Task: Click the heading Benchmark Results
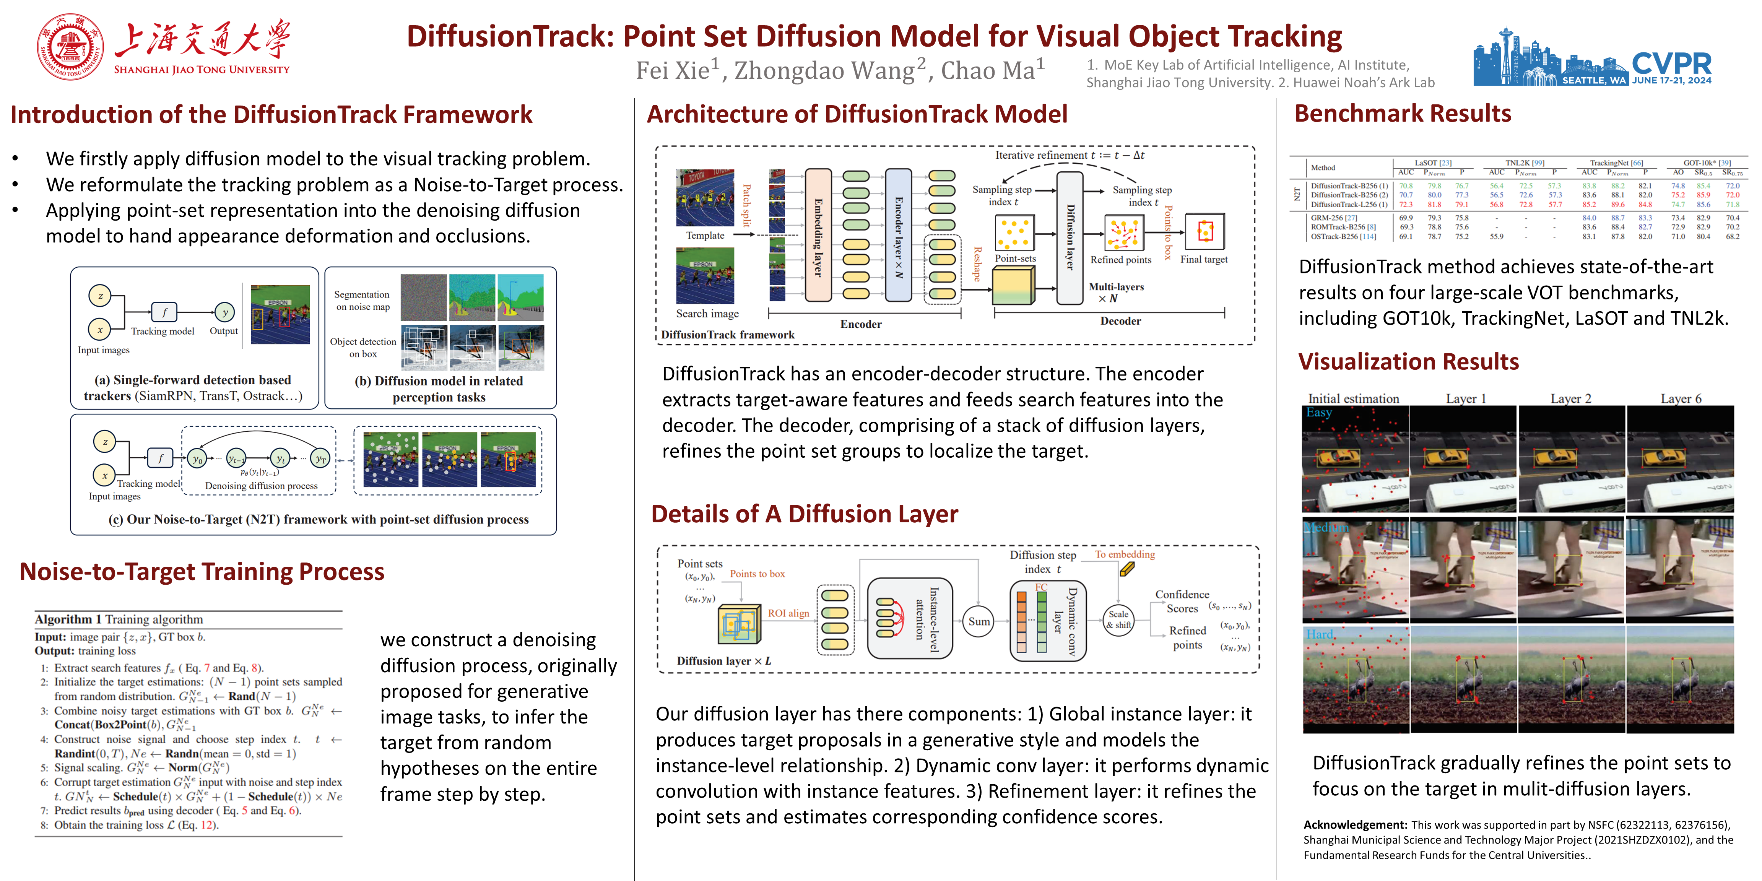1402,114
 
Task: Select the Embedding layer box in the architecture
818,235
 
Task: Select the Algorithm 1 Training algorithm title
119,619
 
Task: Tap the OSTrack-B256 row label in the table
1343,237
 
